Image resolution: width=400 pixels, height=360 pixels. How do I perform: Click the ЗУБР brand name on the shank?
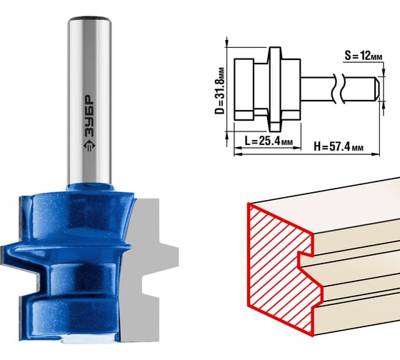[x=89, y=116]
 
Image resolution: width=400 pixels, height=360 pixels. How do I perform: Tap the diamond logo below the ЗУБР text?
[x=89, y=146]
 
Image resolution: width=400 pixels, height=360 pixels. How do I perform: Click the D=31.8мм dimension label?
[x=220, y=91]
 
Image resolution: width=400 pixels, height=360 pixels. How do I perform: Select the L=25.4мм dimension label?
[x=269, y=141]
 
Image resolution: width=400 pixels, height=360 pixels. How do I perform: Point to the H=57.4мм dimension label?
[x=339, y=146]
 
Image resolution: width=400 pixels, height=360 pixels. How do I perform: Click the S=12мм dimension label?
[x=364, y=56]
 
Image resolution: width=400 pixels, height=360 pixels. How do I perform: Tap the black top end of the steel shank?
[x=89, y=19]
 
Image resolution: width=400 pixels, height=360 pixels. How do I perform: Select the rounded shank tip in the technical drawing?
[x=377, y=89]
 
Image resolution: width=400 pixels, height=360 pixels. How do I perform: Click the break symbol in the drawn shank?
[x=339, y=89]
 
